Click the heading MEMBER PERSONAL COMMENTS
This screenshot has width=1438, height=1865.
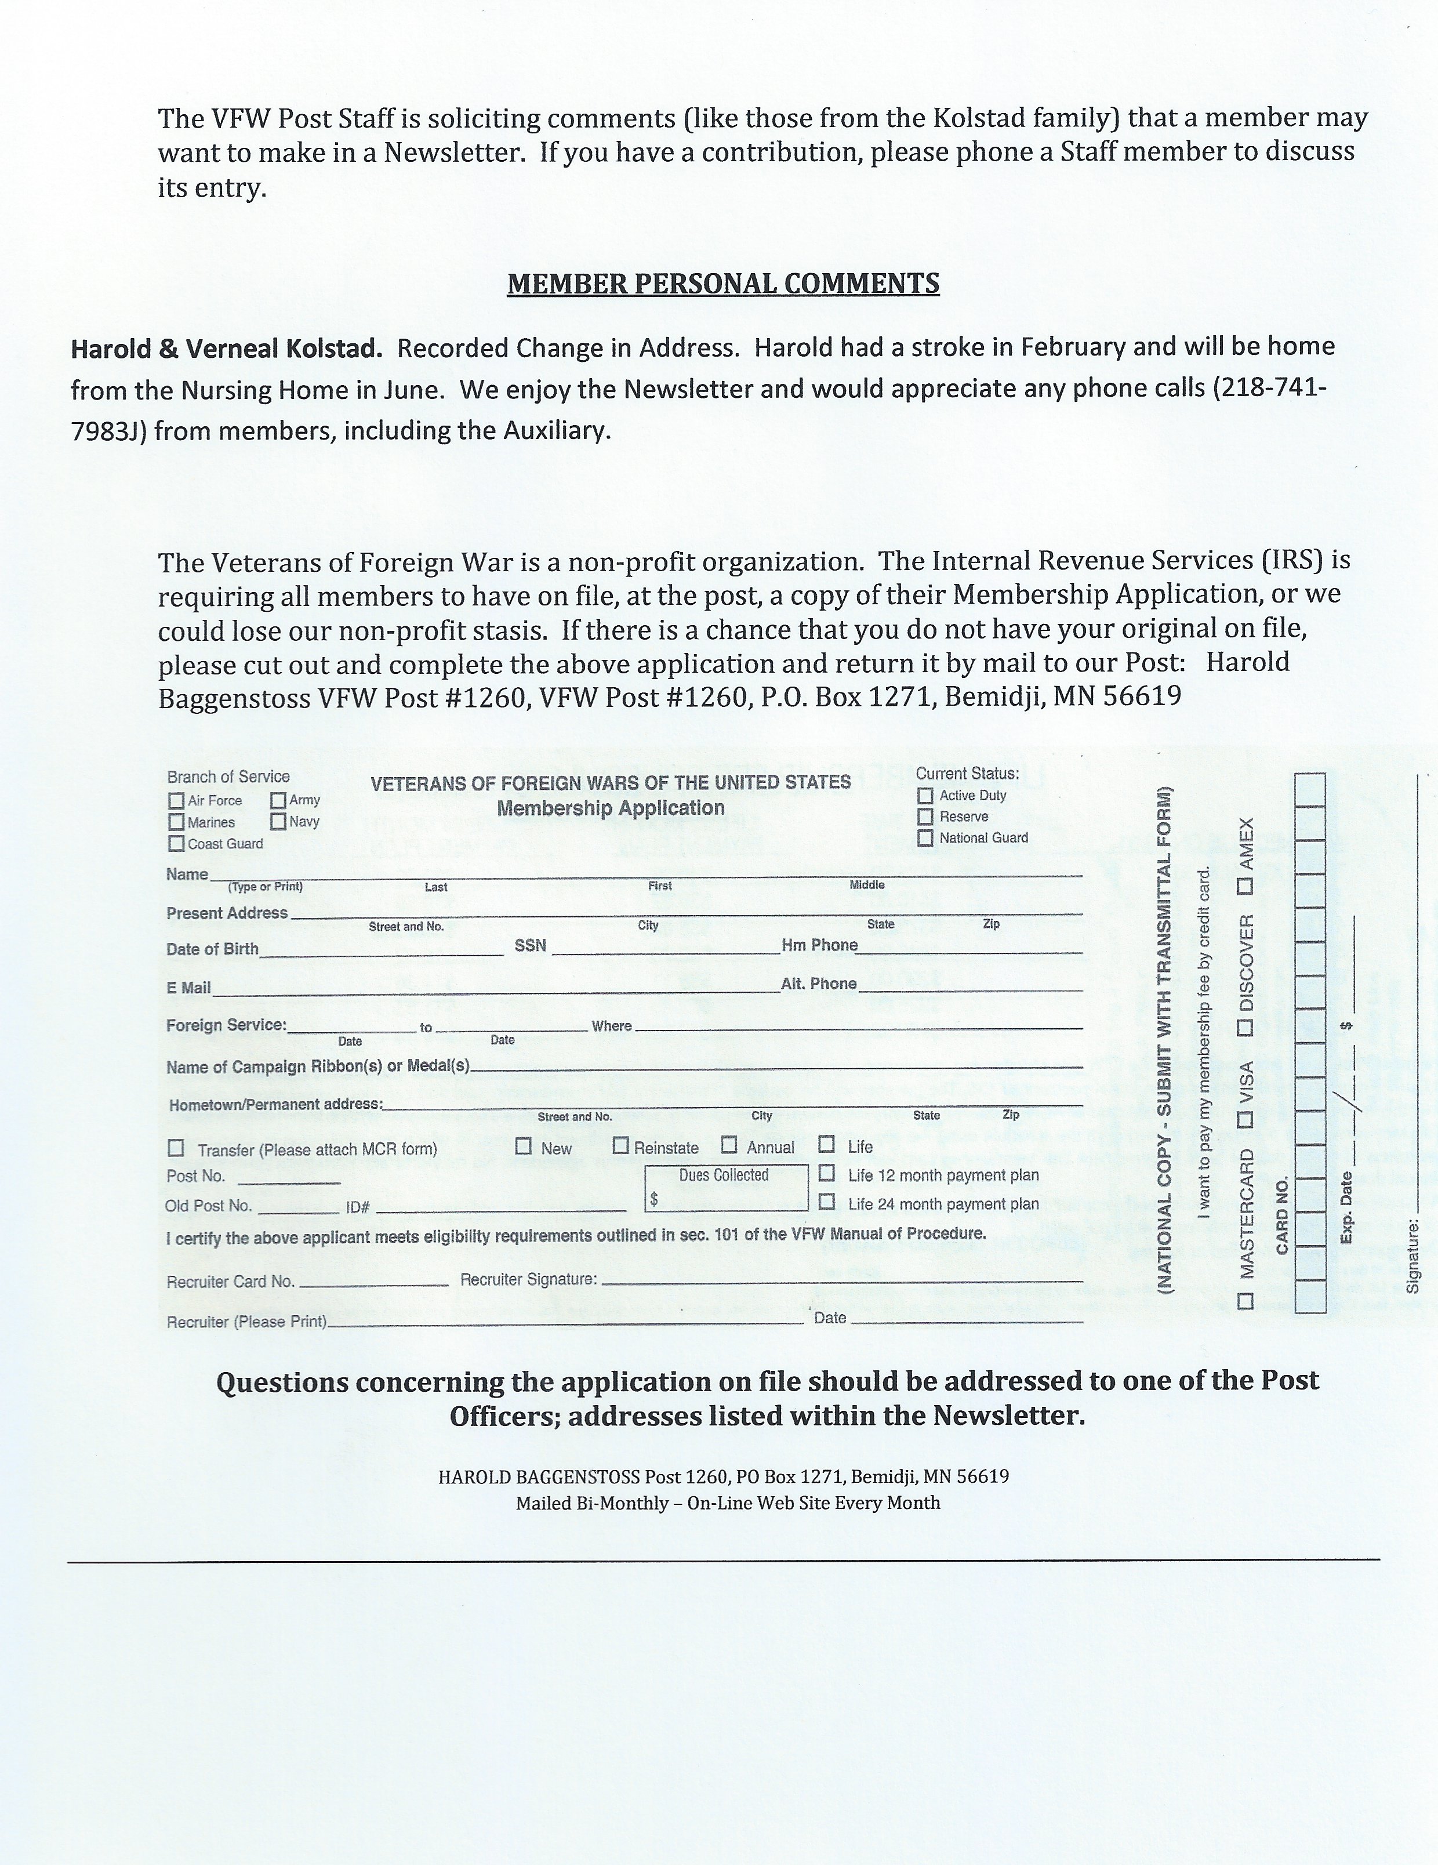pos(722,284)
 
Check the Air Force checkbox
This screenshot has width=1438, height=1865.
pos(176,801)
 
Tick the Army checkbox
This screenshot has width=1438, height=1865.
pos(278,800)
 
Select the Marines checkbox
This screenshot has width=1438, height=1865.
pos(176,822)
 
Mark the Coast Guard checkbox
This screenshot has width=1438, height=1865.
pos(176,844)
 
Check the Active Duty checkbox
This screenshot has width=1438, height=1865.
pos(925,796)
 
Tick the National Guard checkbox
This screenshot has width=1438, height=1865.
pos(925,839)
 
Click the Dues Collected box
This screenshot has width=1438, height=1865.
pos(726,1188)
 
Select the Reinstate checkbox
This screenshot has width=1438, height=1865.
pos(621,1146)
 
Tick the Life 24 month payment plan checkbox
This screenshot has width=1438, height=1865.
pos(827,1202)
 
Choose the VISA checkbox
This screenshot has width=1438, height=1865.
pos(1246,1119)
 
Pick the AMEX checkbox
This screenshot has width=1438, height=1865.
pos(1246,886)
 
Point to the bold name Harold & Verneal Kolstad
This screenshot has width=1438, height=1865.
pos(226,349)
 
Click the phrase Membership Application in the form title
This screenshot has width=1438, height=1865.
pos(611,808)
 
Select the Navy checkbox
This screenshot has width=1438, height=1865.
pos(278,822)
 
